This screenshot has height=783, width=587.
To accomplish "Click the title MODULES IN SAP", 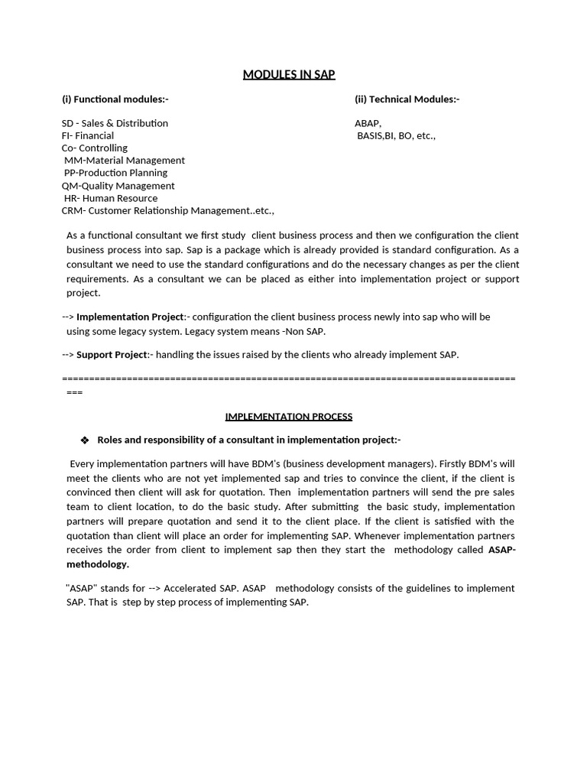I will point(289,74).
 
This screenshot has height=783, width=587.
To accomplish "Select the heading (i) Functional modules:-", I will point(115,99).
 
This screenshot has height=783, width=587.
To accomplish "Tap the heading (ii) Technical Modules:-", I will point(407,99).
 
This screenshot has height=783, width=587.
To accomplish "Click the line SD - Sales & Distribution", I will point(115,123).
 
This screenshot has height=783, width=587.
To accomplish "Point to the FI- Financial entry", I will point(88,135).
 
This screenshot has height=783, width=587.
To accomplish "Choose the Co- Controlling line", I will point(95,148).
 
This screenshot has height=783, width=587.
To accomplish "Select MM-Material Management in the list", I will point(125,161).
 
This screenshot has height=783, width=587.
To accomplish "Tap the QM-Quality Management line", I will point(118,186).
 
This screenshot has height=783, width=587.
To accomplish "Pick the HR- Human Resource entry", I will point(111,198).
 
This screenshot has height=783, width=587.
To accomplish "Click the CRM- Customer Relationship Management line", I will point(167,210).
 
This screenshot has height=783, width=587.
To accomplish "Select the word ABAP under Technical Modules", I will point(368,123).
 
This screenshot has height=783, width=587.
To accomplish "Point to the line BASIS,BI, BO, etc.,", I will point(396,135).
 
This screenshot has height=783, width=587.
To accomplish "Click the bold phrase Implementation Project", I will point(130,317).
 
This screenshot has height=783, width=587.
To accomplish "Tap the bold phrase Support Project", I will point(112,355).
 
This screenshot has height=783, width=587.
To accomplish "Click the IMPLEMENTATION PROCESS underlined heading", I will point(289,417).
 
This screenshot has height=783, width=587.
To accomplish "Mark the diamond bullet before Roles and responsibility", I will point(84,440).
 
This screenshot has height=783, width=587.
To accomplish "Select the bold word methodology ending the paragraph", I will point(98,564).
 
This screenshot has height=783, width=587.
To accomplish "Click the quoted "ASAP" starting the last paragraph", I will point(80,588).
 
